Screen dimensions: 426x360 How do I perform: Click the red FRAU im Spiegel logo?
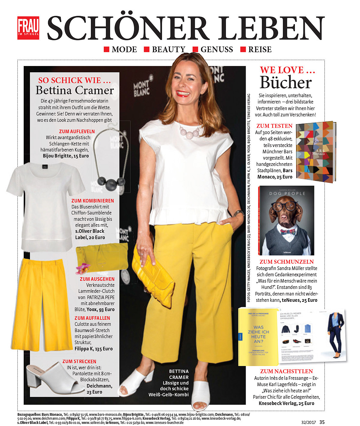(x=28, y=28)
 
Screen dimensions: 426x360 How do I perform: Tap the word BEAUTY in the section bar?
(x=169, y=49)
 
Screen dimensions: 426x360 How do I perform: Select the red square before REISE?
(x=243, y=49)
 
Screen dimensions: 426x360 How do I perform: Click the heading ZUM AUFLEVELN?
(x=77, y=131)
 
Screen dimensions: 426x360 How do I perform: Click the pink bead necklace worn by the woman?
(x=190, y=132)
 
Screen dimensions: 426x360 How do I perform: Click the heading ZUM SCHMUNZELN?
(x=286, y=262)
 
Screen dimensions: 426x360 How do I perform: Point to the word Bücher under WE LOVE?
(x=286, y=82)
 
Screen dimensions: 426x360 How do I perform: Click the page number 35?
(x=322, y=422)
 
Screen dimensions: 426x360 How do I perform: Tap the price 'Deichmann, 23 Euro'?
(x=99, y=389)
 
